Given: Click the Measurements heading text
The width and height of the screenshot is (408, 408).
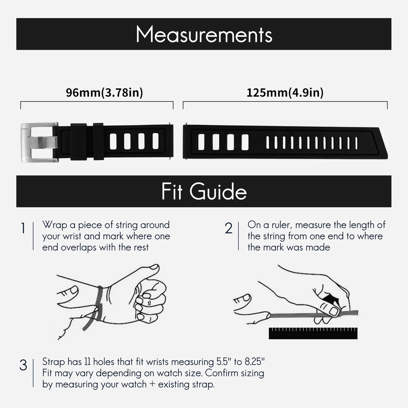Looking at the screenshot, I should (x=204, y=34).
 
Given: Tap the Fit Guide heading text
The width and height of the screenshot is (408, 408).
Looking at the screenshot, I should (x=204, y=192).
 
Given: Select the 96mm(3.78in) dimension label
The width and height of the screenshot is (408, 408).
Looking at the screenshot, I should (x=104, y=93).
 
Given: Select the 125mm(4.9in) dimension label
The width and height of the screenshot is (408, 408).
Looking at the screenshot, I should (x=285, y=93).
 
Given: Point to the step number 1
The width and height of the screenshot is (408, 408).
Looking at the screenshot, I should (x=23, y=228).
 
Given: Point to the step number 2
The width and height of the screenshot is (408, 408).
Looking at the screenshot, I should (x=228, y=228).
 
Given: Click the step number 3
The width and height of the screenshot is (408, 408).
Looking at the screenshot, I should (x=23, y=365).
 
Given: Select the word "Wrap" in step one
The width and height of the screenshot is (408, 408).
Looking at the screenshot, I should (x=54, y=225).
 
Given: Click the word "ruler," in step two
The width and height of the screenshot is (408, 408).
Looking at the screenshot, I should (x=282, y=225).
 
